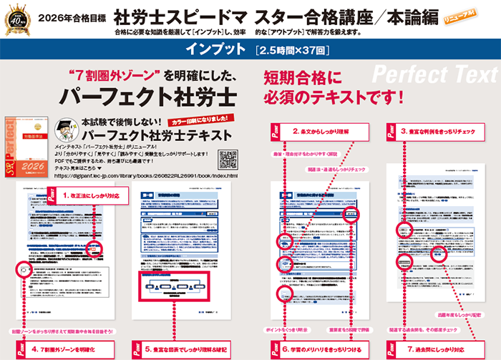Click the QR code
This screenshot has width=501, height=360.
click(227, 160)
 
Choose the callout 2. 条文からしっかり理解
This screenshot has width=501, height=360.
click(322, 132)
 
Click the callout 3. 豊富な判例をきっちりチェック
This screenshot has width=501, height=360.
click(441, 132)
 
